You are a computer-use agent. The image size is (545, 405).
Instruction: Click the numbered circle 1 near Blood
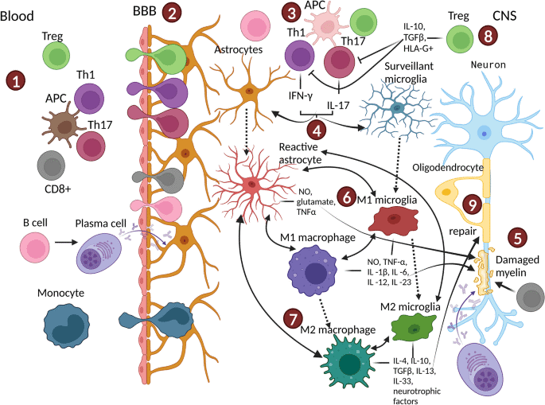(16, 81)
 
